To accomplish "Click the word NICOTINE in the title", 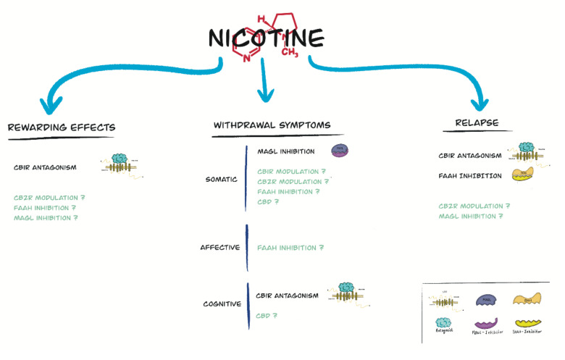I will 265,37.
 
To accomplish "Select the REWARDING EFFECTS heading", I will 61,127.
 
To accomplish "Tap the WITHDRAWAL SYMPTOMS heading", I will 272,125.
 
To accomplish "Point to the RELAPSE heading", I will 477,122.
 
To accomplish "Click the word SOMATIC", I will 221,179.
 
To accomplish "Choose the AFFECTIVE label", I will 219,248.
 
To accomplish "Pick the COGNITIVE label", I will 222,304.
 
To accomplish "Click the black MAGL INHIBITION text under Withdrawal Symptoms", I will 285,151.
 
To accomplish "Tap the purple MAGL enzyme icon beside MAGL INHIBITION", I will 340,151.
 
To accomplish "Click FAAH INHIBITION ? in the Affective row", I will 290,248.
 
